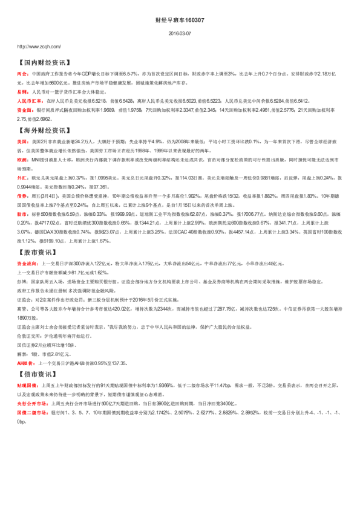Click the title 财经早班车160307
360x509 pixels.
pos(180,19)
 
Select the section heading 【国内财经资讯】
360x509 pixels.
pos(45,62)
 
